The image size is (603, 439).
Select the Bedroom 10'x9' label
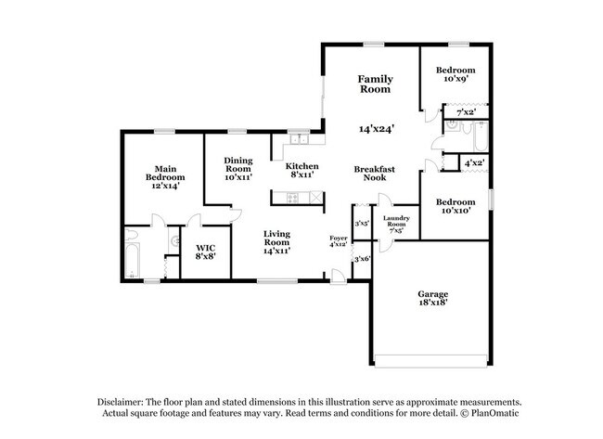[456, 74]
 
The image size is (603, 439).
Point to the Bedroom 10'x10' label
[456, 206]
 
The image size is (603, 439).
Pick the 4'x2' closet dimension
[473, 161]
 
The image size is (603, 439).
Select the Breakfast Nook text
[375, 174]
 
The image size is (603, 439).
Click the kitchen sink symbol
[299, 140]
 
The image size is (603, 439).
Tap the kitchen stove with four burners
[293, 197]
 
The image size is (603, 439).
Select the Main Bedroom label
[164, 176]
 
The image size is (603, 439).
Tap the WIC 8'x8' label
[205, 252]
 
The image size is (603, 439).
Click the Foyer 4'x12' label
[340, 242]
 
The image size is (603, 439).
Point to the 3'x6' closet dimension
[362, 259]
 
